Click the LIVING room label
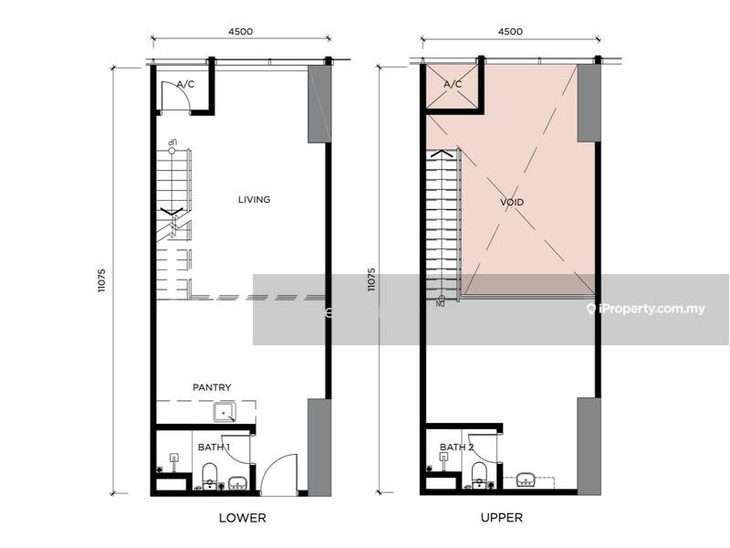click(254, 199)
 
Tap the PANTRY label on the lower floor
click(211, 387)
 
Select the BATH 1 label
click(214, 447)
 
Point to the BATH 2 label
click(455, 447)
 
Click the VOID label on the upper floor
click(512, 202)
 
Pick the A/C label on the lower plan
click(185, 84)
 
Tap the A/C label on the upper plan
click(453, 84)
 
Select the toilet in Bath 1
click(208, 473)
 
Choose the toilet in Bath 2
click(479, 473)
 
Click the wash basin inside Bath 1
click(237, 482)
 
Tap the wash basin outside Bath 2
click(527, 479)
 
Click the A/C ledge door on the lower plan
click(175, 95)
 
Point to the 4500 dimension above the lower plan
click(239, 31)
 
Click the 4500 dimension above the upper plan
click(509, 31)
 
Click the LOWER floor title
click(242, 518)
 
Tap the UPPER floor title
click(502, 518)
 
